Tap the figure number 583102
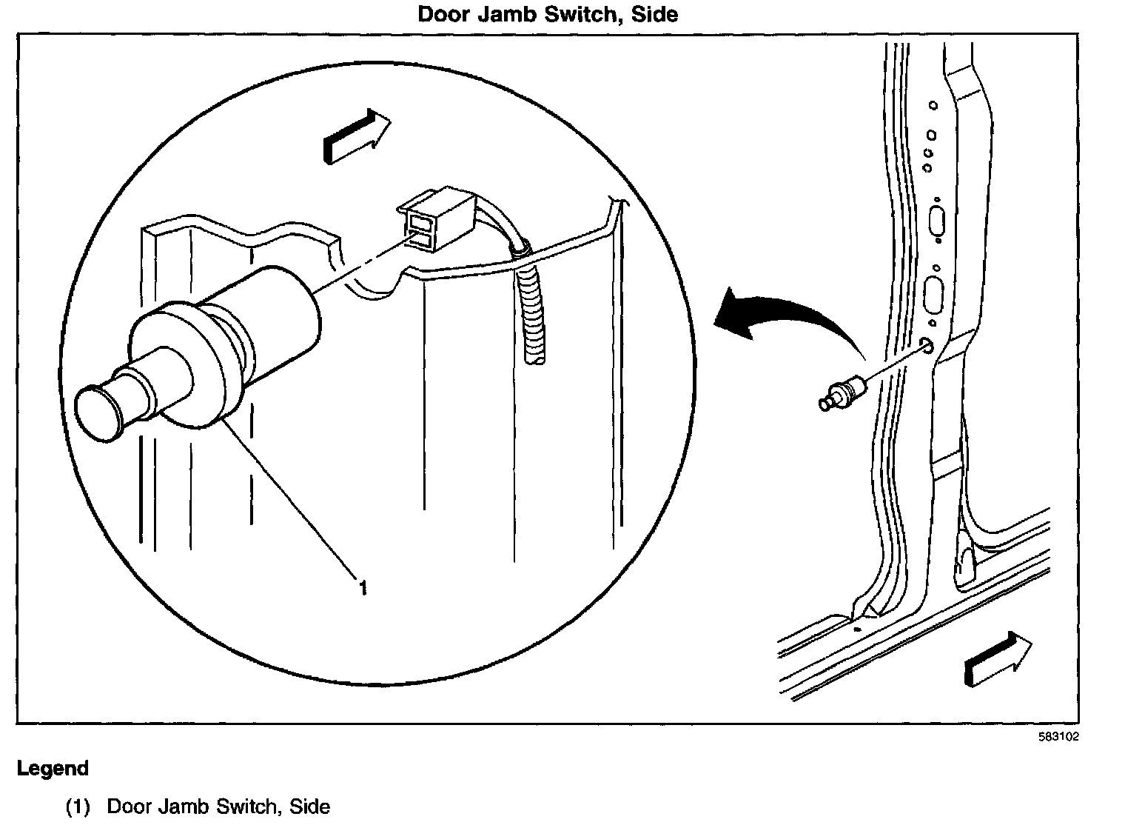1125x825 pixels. pos(1058,737)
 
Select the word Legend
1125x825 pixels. pos(53,768)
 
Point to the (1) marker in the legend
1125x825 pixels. pos(78,806)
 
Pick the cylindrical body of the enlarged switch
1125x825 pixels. pos(274,318)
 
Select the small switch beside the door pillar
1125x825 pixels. pos(841,393)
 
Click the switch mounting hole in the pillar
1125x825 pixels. pos(925,346)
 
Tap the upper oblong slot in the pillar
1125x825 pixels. pos(936,221)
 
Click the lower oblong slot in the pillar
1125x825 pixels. pos(932,294)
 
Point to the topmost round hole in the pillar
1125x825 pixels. pos(933,105)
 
